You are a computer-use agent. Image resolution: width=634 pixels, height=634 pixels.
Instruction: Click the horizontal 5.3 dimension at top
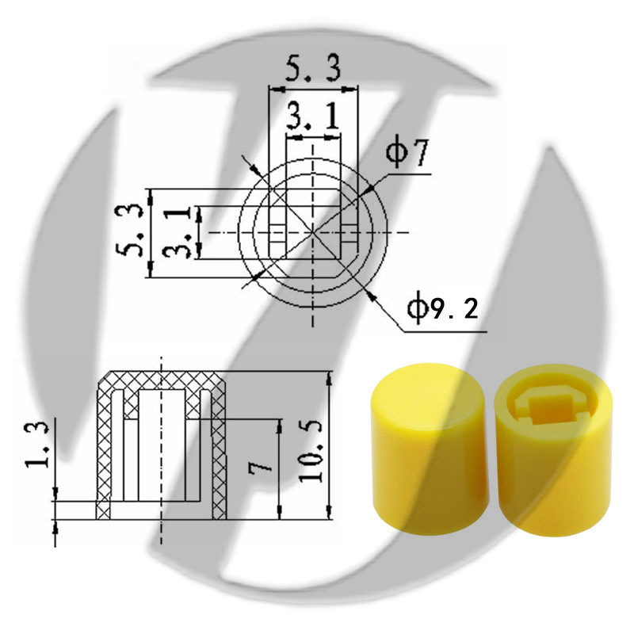click(x=313, y=69)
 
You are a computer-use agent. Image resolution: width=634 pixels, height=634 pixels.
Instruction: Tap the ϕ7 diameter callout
click(x=407, y=155)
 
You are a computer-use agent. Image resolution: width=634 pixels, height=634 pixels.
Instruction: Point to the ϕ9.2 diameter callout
click(x=443, y=309)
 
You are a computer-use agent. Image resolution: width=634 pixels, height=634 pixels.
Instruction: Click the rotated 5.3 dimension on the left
click(x=129, y=231)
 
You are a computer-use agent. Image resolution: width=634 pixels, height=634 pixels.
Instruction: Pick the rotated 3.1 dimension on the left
click(x=177, y=232)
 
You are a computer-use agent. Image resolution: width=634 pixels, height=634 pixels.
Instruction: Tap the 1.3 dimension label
click(x=37, y=445)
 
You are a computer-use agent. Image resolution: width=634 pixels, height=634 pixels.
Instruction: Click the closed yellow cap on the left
click(x=430, y=449)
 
